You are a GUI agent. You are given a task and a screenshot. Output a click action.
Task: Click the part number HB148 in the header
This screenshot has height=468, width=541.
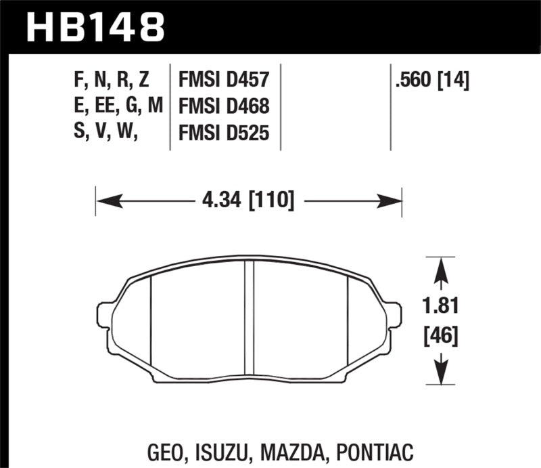(95, 28)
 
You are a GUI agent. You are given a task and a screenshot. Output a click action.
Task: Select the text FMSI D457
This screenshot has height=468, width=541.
(224, 81)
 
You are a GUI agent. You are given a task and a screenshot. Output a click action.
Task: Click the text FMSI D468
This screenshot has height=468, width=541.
(224, 106)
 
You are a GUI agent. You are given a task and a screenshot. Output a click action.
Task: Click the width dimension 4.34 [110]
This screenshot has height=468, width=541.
(248, 200)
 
